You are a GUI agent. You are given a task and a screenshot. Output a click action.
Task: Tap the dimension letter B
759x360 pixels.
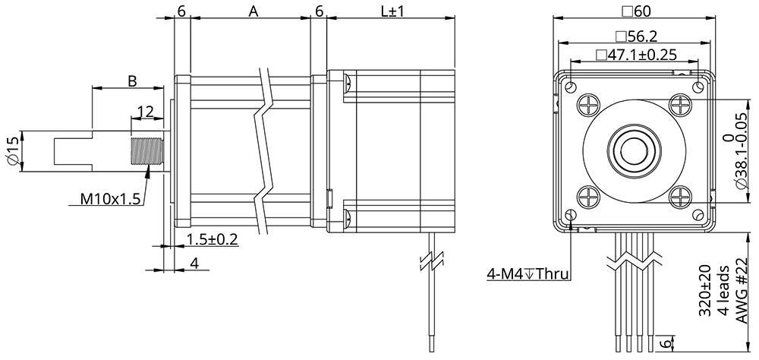[x=131, y=80]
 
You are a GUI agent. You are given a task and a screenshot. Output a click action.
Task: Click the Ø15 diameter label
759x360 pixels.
[x=11, y=151]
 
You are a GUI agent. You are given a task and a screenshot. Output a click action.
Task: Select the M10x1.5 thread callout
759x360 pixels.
[x=110, y=200]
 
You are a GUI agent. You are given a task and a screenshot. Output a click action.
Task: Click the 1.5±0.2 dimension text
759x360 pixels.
[x=212, y=239]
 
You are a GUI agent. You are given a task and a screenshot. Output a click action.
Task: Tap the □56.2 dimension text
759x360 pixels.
[x=635, y=36]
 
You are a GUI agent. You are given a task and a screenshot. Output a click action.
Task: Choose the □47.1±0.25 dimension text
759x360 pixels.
[x=635, y=55]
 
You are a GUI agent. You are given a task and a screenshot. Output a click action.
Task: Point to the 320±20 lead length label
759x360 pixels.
[x=704, y=290]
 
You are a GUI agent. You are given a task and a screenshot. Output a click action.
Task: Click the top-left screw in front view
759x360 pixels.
[x=590, y=103]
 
